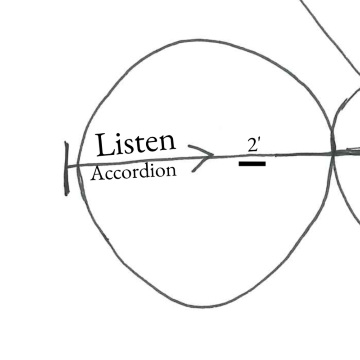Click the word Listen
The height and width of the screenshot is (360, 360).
click(135, 143)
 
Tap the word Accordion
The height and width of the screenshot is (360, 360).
click(133, 172)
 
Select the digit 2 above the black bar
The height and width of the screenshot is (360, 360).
click(252, 145)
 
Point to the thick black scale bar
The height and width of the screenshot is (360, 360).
click(252, 164)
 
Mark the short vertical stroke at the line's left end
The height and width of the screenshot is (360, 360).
click(67, 169)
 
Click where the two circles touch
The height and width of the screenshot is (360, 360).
click(333, 153)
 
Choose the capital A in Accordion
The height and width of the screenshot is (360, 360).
click(96, 174)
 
